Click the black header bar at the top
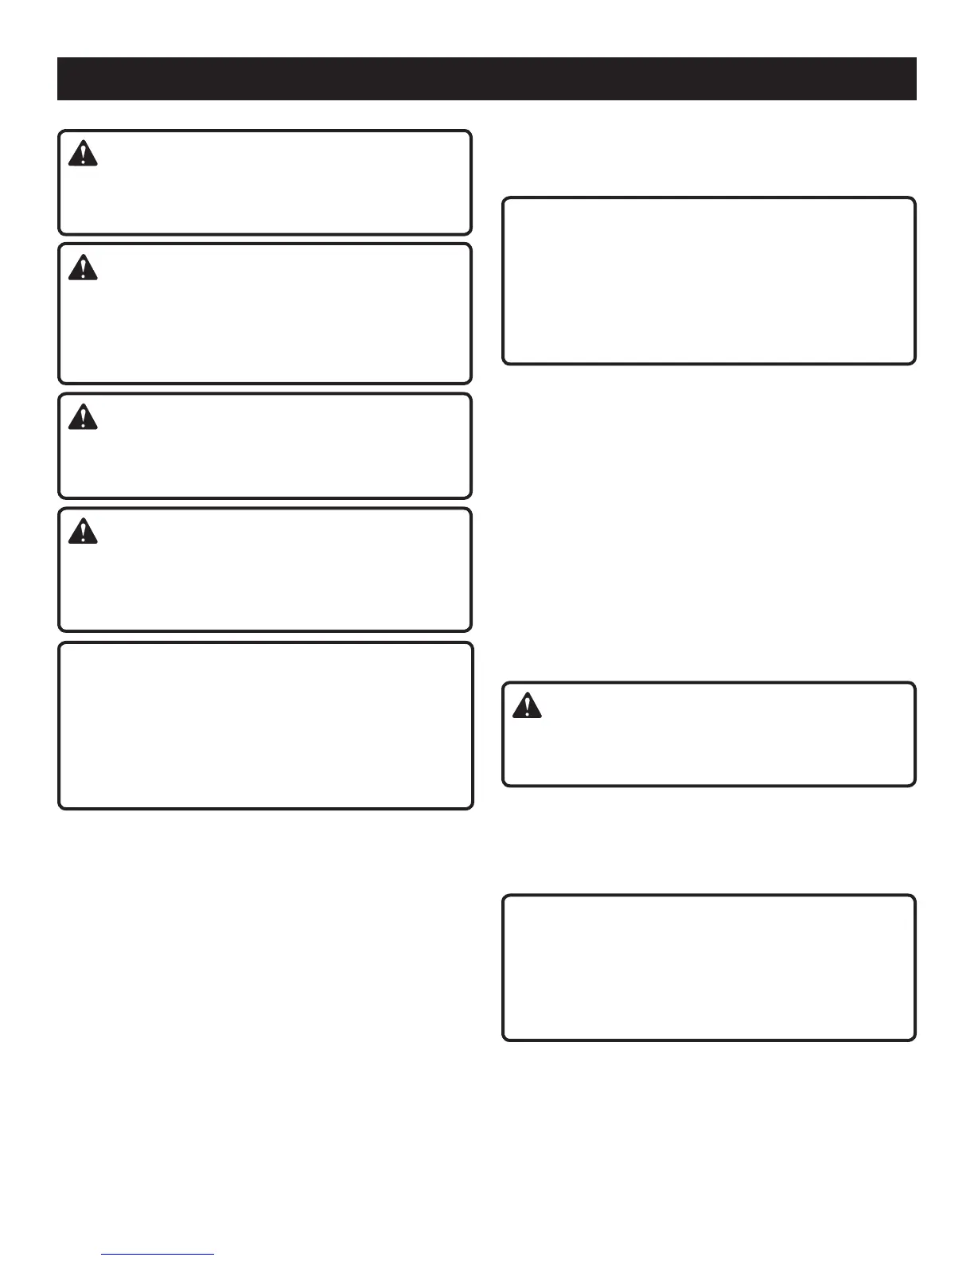tap(486, 79)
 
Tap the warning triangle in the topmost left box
tap(83, 154)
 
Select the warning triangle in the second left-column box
tap(83, 267)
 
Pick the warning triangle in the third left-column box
tap(83, 417)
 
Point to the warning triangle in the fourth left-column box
tap(83, 532)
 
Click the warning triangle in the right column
tap(527, 706)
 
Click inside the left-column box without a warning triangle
tap(265, 725)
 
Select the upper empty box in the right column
tap(708, 281)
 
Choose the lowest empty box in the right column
tap(708, 967)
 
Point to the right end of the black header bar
tap(915, 79)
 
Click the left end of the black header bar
tap(59, 79)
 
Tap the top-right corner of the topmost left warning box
tap(470, 132)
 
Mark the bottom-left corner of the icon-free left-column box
tap(60, 807)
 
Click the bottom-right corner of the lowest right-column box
tap(914, 1039)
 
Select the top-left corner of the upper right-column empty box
tap(504, 199)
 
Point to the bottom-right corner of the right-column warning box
tap(914, 785)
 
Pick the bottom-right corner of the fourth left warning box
tap(470, 630)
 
